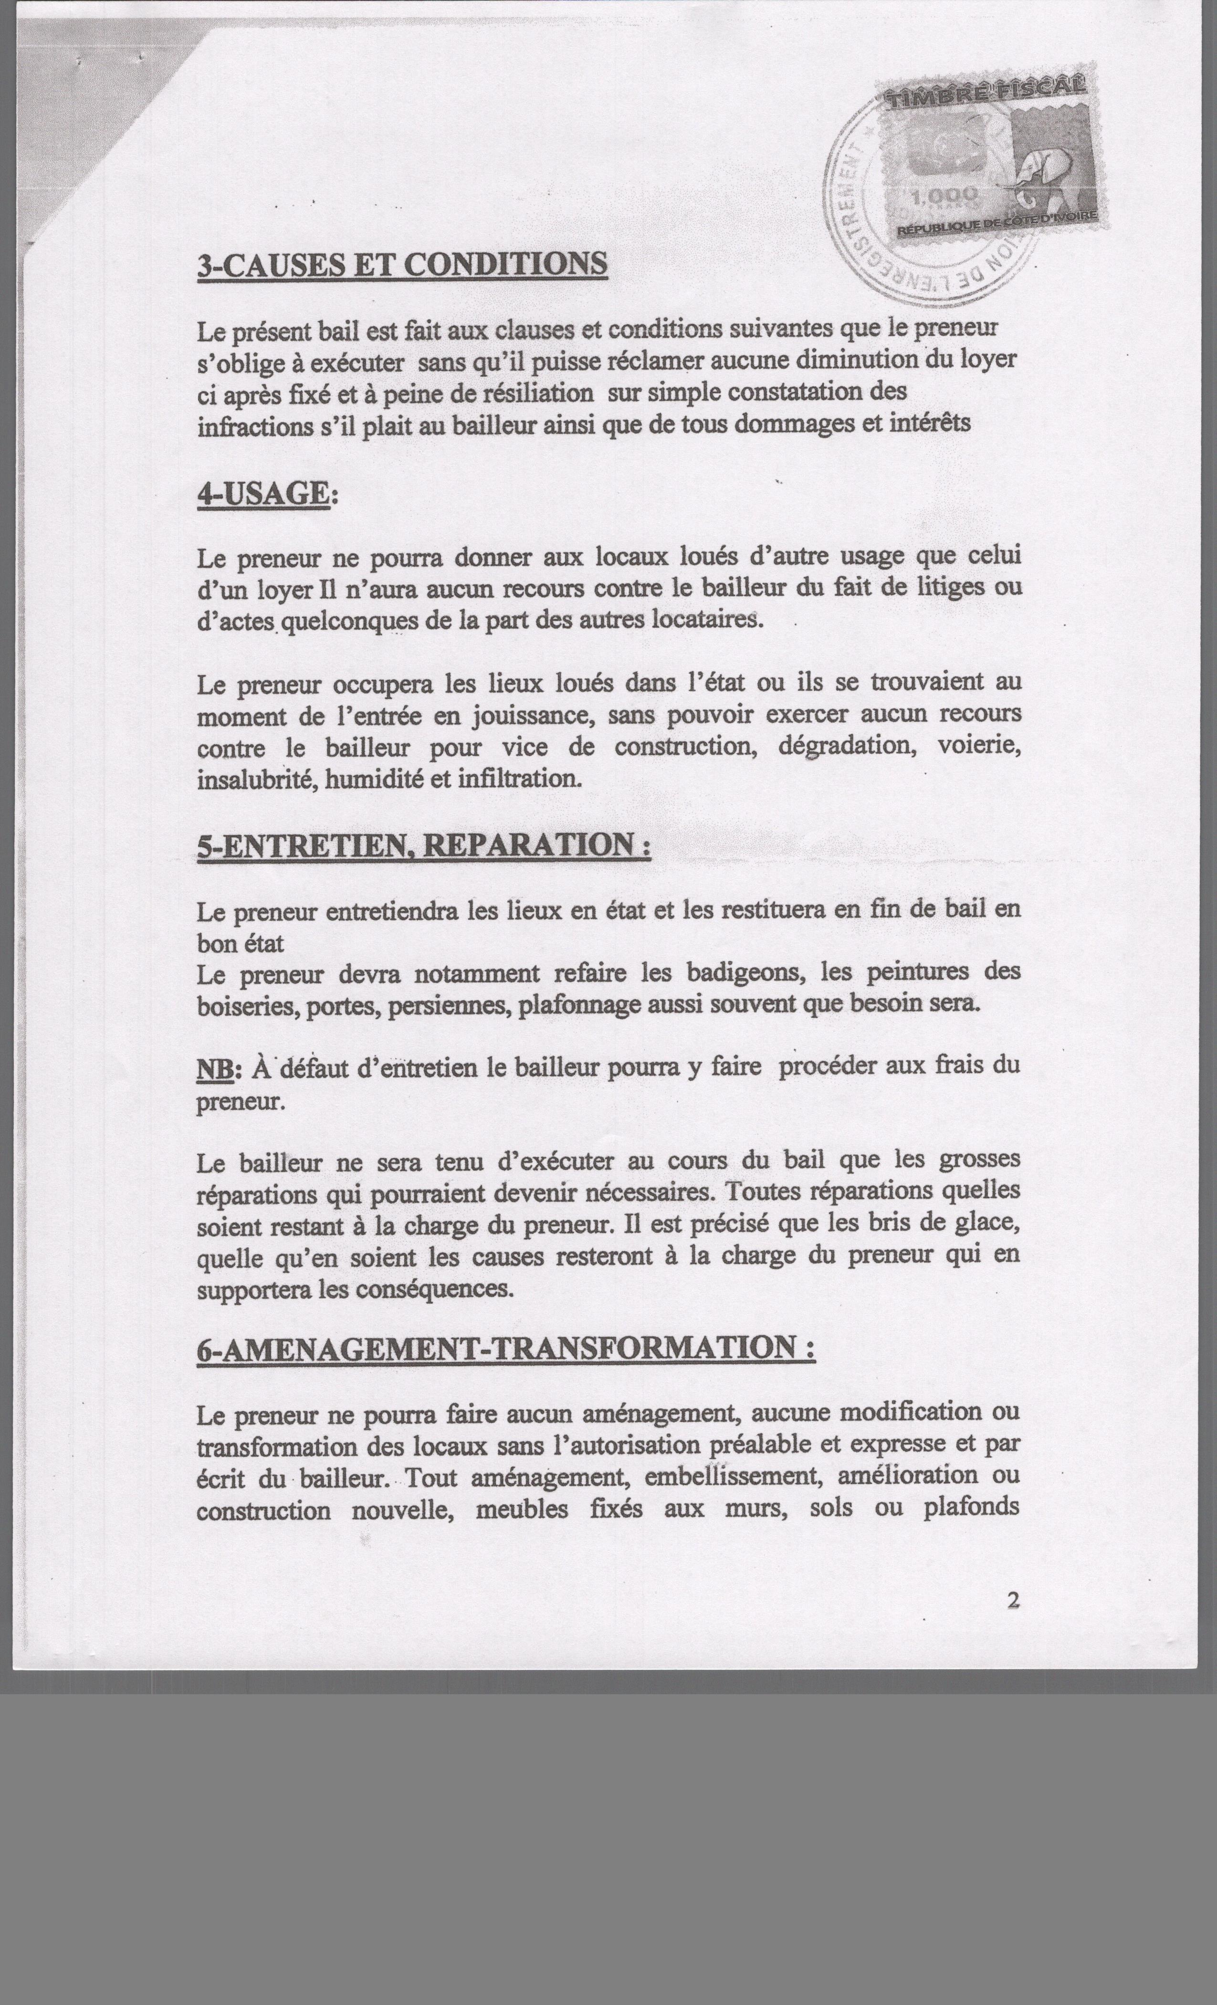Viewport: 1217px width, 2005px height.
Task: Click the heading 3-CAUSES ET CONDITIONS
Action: click(402, 265)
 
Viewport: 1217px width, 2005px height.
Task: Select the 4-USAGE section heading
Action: click(263, 494)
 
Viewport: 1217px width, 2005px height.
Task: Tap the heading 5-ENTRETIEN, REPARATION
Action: click(423, 844)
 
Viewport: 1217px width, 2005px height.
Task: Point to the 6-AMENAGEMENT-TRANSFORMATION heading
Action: click(504, 1348)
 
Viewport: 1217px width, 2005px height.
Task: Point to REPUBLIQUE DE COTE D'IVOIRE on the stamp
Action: click(997, 224)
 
